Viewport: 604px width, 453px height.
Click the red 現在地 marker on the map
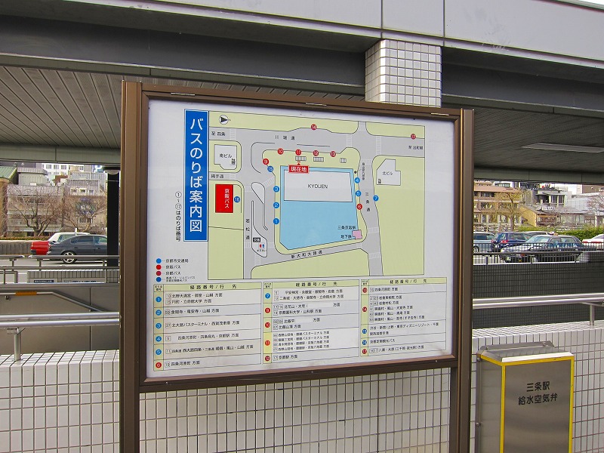[299, 169]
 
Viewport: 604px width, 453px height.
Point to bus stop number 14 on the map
[313, 127]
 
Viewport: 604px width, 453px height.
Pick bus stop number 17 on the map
[413, 137]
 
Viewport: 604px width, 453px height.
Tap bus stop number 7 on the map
[375, 198]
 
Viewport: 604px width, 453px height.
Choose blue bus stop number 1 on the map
[276, 221]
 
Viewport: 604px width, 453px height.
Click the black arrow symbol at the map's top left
[223, 119]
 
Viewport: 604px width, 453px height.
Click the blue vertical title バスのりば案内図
[196, 175]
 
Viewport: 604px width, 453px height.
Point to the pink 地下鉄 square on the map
[357, 235]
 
